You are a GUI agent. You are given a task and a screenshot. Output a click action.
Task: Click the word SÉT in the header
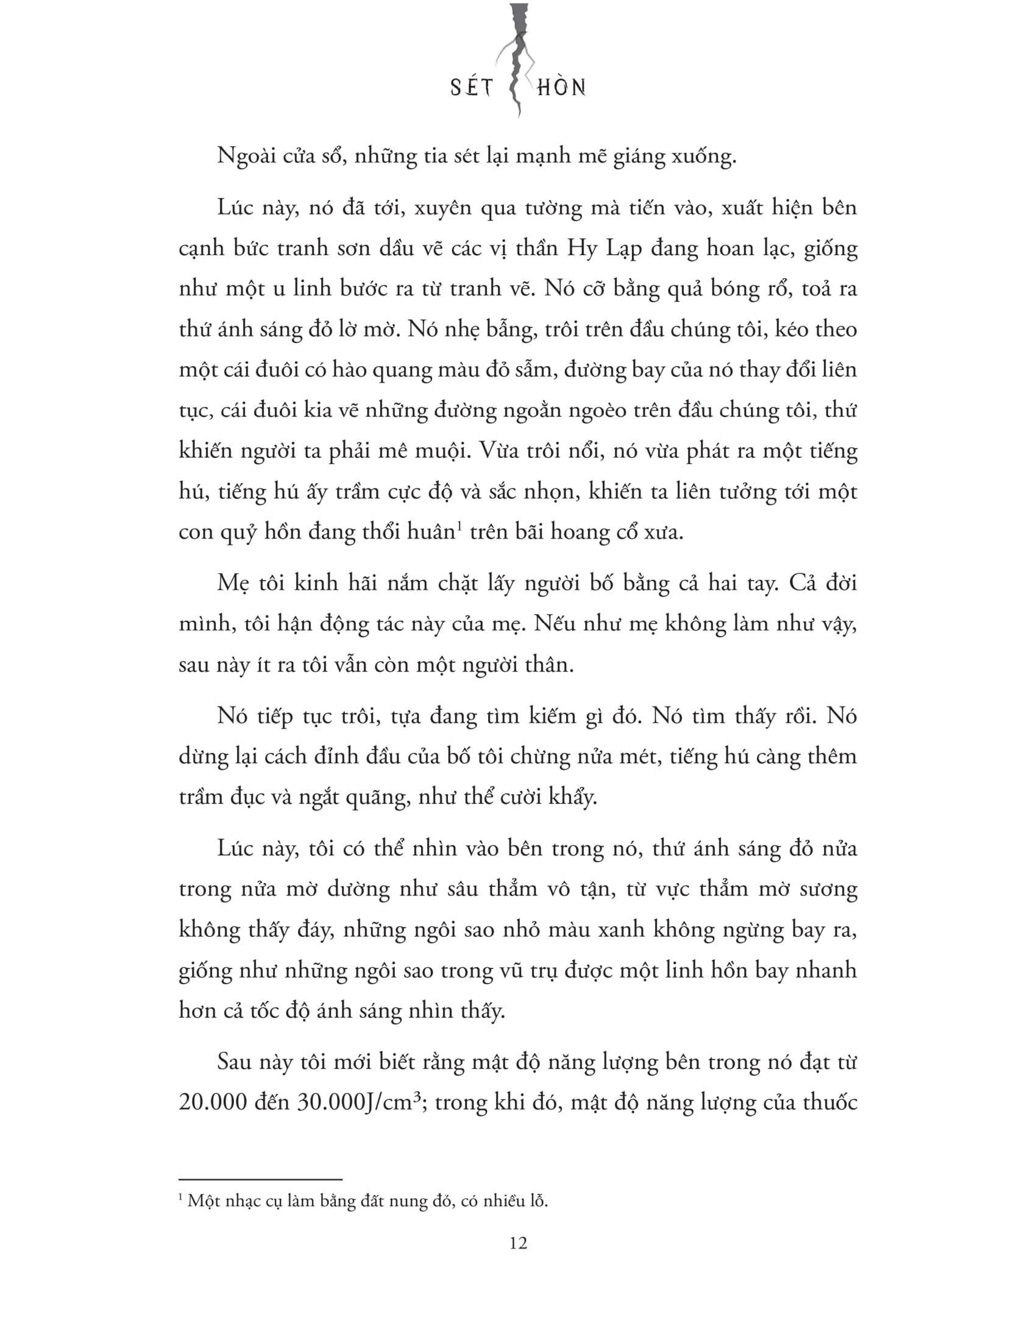point(471,88)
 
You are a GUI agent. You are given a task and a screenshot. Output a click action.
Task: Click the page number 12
point(518,1243)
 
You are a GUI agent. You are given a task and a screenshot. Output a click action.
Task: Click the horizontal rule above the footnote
point(260,1179)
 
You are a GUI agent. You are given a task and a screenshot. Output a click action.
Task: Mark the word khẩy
point(573,797)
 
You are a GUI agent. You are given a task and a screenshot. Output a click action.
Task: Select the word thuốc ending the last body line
point(825,1102)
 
